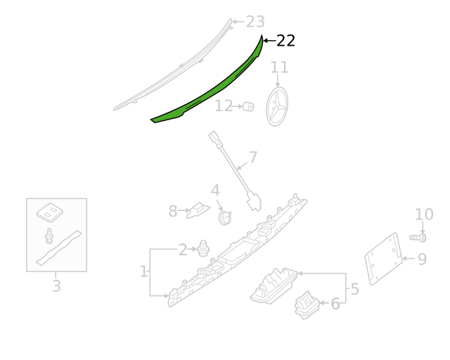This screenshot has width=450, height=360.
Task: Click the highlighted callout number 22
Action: pos(285,41)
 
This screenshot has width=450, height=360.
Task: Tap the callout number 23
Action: pos(255,22)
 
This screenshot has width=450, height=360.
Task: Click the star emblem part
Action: pos(277,106)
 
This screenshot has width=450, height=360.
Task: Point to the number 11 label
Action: pos(279,67)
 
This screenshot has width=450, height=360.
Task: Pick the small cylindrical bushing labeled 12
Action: pos(248,106)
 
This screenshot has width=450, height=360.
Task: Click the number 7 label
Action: pos(253,157)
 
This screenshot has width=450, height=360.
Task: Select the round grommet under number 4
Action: pos(225,218)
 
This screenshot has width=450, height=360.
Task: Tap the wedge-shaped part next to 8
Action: pos(198,210)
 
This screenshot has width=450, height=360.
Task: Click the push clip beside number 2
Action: pos(203,248)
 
